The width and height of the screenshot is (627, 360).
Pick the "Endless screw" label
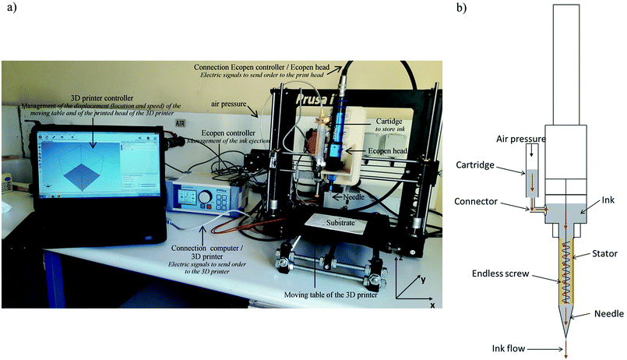502,274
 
